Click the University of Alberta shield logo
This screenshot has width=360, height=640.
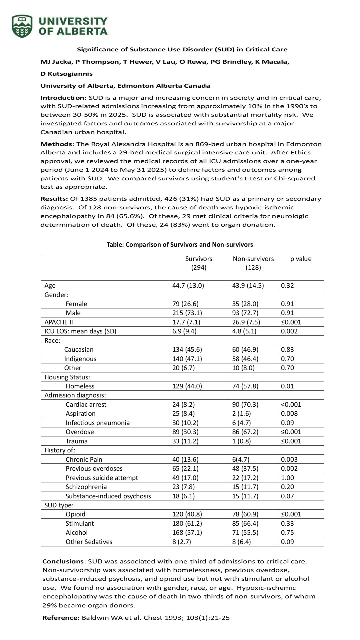(22, 26)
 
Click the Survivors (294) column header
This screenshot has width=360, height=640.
(199, 263)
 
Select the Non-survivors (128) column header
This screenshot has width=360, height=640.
(253, 263)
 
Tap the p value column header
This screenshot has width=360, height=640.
(301, 259)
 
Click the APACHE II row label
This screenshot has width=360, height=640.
(59, 322)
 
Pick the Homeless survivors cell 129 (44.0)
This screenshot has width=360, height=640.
(187, 386)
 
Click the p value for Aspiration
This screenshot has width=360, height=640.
(289, 413)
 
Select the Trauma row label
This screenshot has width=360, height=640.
(76, 441)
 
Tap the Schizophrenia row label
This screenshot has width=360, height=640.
(86, 487)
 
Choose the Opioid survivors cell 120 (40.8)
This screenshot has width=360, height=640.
(187, 514)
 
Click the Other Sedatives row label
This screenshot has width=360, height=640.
(89, 542)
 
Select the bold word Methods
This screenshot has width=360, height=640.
(56, 144)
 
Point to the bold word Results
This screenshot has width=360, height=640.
(54, 199)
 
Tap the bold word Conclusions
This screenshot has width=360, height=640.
(63, 561)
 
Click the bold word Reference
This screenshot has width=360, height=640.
(60, 618)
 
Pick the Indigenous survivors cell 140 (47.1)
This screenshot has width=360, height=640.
(187, 359)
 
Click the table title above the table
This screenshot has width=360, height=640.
(180, 244)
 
